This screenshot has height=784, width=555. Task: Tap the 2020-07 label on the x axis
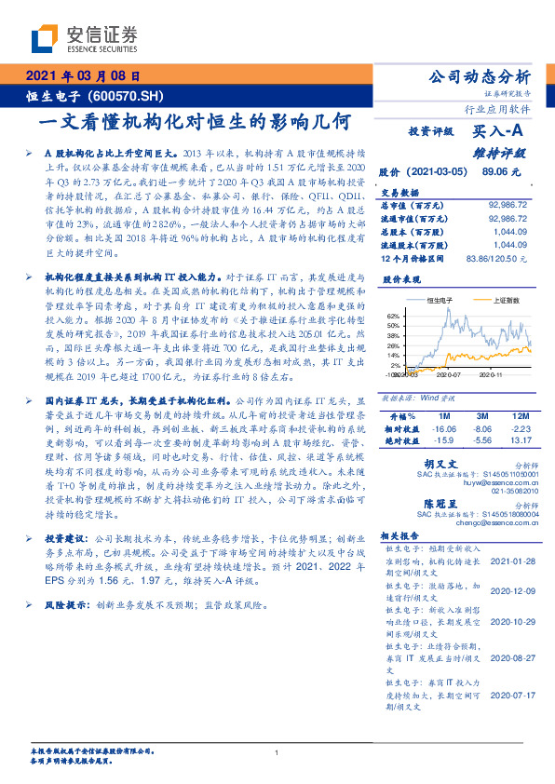(449, 374)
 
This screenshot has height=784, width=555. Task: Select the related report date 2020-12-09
(513, 590)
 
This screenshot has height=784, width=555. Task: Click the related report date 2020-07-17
(513, 694)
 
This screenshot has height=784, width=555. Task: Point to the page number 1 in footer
(277, 752)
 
